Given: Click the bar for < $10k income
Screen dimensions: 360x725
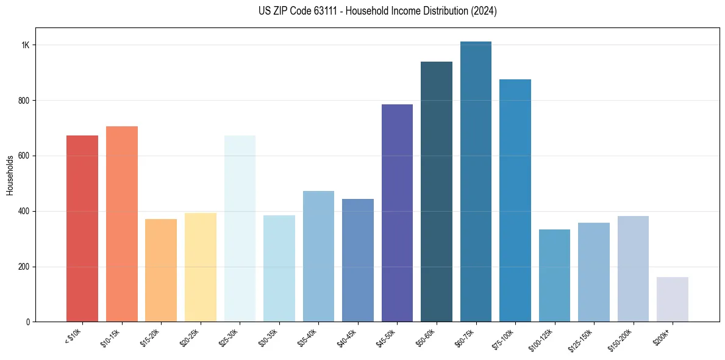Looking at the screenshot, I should tap(82, 229).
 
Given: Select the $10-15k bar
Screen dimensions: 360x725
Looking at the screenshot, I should tap(122, 224).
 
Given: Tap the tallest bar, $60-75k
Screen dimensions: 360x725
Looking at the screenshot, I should tap(476, 182).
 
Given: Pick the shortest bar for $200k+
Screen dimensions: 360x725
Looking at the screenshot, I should tap(673, 300).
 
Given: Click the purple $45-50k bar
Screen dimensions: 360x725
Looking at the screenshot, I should tap(397, 213).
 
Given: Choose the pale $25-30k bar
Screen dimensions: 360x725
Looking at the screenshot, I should tap(240, 229).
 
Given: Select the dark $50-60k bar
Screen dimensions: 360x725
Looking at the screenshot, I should tap(437, 192).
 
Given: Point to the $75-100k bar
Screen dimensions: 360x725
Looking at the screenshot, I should tap(515, 200).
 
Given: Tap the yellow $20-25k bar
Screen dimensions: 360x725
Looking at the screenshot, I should tap(201, 267).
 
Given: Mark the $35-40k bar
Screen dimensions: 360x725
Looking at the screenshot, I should tap(318, 256).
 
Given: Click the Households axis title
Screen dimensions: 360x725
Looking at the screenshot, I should tap(10, 175).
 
